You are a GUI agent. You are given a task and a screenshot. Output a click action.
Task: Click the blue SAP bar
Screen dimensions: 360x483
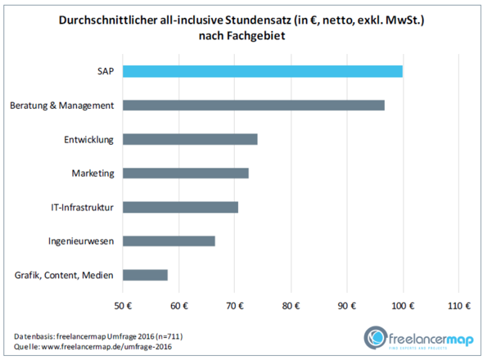point(262,71)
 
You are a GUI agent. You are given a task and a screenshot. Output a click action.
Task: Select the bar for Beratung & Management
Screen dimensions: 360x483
point(253,106)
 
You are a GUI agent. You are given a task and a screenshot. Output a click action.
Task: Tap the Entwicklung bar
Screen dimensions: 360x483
point(190,139)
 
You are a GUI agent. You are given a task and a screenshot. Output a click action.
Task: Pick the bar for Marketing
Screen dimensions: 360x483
point(185,173)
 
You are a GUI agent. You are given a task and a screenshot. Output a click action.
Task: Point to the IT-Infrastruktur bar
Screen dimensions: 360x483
point(180,207)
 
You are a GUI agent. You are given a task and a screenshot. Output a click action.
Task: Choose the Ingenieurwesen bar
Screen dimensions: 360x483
point(169,241)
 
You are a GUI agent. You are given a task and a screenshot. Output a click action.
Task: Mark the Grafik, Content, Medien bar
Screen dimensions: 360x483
point(145,275)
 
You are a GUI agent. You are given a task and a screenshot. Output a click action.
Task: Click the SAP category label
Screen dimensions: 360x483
point(105,71)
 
